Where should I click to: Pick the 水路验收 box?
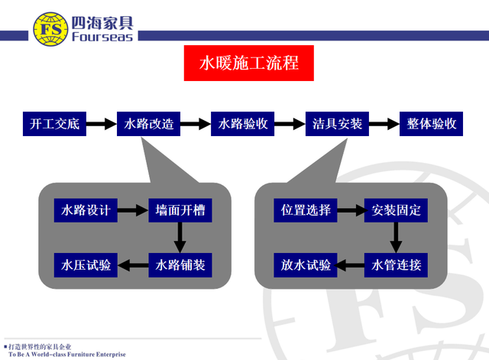(243, 123)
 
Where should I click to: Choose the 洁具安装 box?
(338, 123)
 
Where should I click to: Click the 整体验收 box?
(432, 123)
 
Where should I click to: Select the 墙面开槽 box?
(180, 209)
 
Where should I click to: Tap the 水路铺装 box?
(180, 265)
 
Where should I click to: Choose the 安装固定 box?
(396, 209)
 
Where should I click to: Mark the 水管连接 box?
(396, 265)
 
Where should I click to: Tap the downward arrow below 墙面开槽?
(180, 237)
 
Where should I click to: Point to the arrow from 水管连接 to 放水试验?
(351, 265)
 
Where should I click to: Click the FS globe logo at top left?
(49, 27)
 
